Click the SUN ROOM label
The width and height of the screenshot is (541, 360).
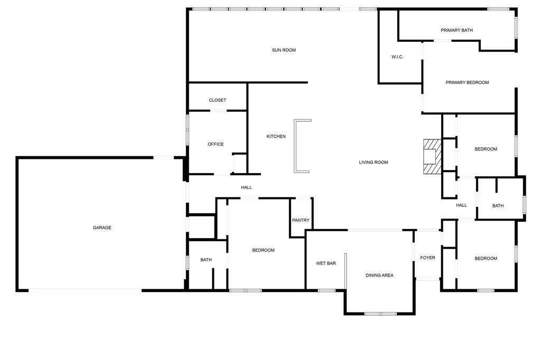tap(284, 50)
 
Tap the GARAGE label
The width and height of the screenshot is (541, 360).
tap(102, 228)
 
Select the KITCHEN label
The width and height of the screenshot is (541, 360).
tap(276, 136)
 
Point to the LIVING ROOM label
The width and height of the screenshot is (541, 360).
tap(374, 162)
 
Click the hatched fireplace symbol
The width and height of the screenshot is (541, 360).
tap(431, 156)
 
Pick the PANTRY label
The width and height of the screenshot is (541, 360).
tap(301, 220)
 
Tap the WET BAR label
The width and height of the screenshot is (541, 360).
tap(326, 263)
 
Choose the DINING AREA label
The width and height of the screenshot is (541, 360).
tap(379, 275)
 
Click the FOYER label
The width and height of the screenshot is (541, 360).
tap(427, 258)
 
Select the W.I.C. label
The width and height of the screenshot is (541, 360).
tap(397, 56)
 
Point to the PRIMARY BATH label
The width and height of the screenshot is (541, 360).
tap(456, 30)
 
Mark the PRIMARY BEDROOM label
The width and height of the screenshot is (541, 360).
tap(467, 82)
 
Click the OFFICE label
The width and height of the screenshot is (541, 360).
tap(216, 144)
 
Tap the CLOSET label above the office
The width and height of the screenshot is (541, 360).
tap(217, 100)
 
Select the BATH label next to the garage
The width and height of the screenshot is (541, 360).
tap(206, 260)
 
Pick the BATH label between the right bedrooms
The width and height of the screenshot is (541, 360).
tap(498, 206)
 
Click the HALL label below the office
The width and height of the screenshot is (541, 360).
tap(246, 187)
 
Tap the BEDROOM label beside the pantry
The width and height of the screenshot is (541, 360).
tap(263, 250)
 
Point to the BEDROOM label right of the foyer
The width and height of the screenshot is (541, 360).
tap(486, 258)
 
